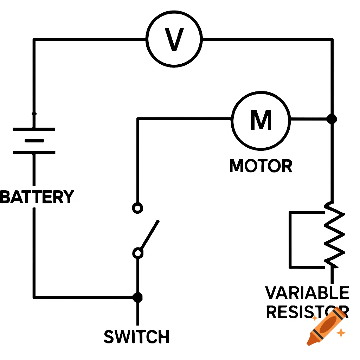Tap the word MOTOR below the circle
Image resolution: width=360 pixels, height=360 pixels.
261,166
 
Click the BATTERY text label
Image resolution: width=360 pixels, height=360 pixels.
37,197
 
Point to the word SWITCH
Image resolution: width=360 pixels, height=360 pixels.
137,337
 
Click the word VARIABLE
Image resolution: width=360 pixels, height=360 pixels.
307,293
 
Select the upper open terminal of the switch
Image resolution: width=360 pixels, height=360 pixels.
137,208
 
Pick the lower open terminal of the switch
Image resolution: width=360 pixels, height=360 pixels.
138,253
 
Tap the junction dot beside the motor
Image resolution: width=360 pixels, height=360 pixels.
331,119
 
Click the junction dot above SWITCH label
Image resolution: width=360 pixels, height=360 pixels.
137,297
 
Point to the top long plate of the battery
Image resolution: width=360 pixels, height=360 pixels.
34,129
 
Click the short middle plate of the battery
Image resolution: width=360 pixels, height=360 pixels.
34,141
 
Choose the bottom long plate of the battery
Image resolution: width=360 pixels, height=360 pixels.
34,153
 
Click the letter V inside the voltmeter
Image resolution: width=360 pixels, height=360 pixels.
174,39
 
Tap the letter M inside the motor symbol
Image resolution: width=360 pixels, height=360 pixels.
261,120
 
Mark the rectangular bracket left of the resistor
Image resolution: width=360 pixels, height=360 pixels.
290,239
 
